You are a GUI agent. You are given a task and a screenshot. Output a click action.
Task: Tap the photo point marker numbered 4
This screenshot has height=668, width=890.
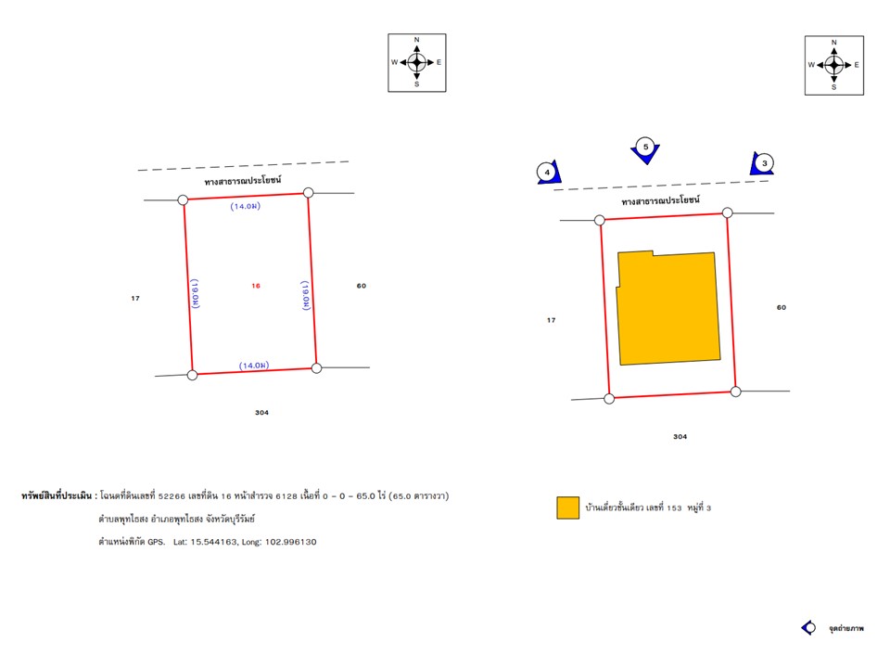(x=548, y=172)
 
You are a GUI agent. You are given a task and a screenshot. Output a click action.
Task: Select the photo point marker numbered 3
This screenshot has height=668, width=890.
(x=762, y=163)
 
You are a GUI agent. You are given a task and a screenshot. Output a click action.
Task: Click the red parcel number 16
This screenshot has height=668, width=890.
(x=256, y=286)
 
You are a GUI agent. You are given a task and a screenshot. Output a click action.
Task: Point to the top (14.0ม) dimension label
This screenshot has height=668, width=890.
(x=245, y=206)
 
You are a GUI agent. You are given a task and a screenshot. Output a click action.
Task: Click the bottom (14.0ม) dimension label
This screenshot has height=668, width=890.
(x=254, y=366)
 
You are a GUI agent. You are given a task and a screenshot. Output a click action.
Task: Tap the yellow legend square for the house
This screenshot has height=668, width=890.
(x=567, y=507)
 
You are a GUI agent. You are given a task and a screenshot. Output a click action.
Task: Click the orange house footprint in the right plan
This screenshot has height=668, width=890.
(x=668, y=307)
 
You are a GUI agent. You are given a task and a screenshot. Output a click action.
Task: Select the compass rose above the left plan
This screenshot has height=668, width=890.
(x=416, y=62)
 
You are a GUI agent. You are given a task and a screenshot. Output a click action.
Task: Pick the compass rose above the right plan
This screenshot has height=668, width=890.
(x=833, y=65)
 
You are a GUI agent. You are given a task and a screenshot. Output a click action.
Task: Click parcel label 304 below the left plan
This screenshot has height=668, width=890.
(x=261, y=412)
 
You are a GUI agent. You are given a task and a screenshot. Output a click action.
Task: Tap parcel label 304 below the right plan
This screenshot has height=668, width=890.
(x=680, y=436)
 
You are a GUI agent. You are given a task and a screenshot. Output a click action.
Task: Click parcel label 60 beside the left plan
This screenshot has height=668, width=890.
(x=361, y=286)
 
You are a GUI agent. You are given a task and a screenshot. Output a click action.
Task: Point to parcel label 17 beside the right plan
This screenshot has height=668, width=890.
(x=551, y=320)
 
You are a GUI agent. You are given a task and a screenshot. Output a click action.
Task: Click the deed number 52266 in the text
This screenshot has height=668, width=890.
(x=172, y=495)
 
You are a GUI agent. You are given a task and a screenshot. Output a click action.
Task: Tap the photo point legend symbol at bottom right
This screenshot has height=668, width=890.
(x=808, y=628)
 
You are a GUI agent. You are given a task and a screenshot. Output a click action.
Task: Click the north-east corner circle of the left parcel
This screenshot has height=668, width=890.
(x=308, y=193)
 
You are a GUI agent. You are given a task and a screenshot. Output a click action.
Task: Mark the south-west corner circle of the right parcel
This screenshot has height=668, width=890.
(x=609, y=399)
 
